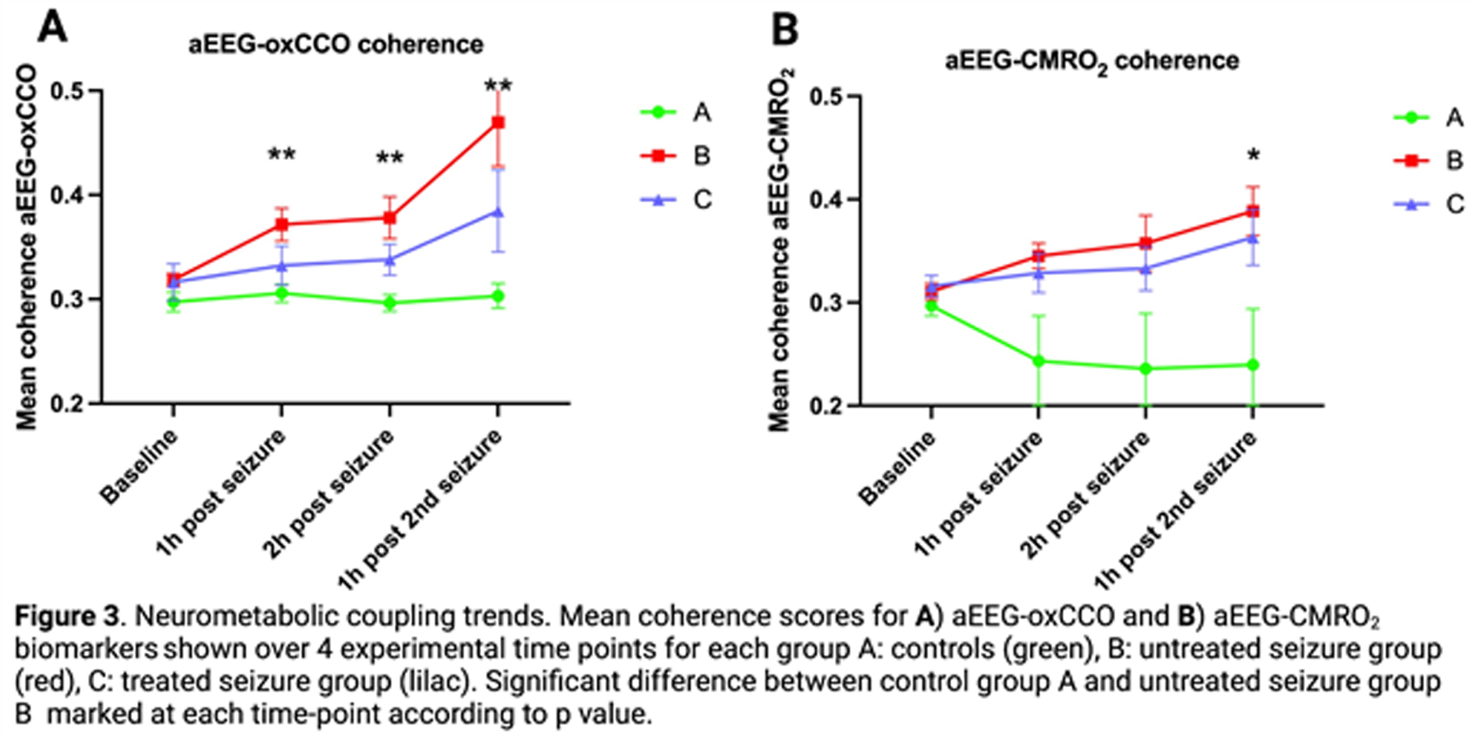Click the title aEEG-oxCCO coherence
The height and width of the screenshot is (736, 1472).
(x=336, y=45)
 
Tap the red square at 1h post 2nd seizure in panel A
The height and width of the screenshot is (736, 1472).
(x=498, y=122)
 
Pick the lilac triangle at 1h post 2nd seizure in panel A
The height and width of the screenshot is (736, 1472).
(x=498, y=212)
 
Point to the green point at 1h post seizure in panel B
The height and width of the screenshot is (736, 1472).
(x=1038, y=361)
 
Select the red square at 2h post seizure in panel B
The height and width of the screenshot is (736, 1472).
(x=1146, y=243)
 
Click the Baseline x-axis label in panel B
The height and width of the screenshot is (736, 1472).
(x=898, y=467)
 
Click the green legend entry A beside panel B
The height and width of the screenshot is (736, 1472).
(x=1429, y=118)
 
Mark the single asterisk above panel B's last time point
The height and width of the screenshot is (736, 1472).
(x=1253, y=155)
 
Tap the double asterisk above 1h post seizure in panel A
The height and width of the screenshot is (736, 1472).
(x=282, y=154)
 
